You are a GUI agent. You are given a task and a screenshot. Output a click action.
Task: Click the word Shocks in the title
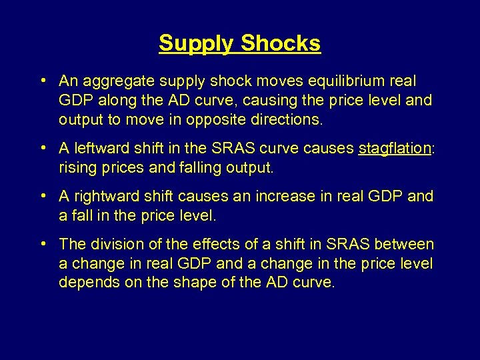tap(281, 43)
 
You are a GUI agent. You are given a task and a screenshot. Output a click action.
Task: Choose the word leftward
tap(99, 148)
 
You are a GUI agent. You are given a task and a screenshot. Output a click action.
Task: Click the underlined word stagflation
tap(395, 149)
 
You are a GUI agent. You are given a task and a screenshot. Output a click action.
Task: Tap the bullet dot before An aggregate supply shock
tap(42, 81)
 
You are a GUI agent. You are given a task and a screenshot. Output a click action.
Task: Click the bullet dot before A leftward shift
tap(42, 148)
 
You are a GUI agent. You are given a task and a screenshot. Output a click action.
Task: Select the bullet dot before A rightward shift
tap(42, 196)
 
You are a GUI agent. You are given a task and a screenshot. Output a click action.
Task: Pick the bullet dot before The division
tap(42, 244)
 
